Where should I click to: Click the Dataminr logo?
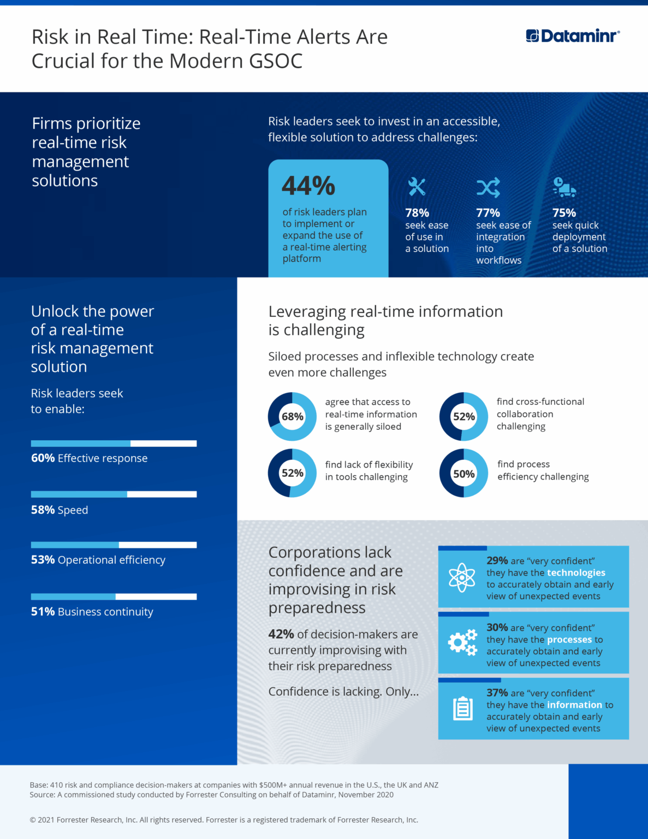point(573,36)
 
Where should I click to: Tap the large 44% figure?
point(308,186)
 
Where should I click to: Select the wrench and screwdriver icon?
point(417,187)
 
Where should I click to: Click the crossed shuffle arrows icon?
point(488,187)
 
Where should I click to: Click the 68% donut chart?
point(292,416)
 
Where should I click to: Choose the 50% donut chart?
point(463,474)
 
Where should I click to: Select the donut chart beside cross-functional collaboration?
point(463,416)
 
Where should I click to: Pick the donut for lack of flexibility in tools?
point(292,473)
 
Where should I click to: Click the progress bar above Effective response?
point(114,444)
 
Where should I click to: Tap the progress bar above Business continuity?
point(114,596)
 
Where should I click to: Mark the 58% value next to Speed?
point(43,510)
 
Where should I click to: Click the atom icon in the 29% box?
point(462,577)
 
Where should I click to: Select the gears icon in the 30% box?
point(462,642)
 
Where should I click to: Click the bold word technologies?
point(576,572)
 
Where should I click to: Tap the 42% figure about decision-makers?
point(281,634)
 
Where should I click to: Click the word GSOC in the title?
point(276,61)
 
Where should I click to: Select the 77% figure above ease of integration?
point(488,212)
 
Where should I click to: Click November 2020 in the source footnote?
point(365,795)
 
